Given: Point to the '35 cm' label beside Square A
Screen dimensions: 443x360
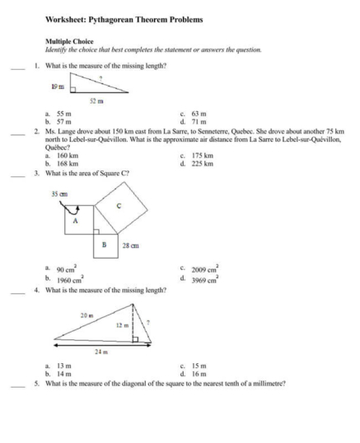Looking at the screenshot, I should pyautogui.click(x=59, y=194).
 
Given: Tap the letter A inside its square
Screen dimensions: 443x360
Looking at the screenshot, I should pyautogui.click(x=76, y=221).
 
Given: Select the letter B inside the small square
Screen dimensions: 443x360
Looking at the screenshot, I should pyautogui.click(x=104, y=245).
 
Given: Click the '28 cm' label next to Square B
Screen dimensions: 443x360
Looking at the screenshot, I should pyautogui.click(x=131, y=245).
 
